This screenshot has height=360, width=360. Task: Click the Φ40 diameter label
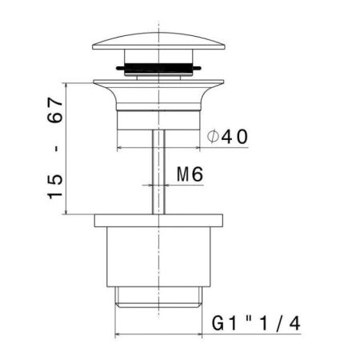pyautogui.click(x=227, y=137)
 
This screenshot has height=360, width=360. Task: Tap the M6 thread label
pyautogui.click(x=190, y=174)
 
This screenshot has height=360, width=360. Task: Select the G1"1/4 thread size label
pyautogui.click(x=256, y=323)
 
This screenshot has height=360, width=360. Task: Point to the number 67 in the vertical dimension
pyautogui.click(x=55, y=110)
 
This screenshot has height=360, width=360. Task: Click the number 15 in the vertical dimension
pyautogui.click(x=55, y=187)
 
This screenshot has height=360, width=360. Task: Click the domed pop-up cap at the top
pyautogui.click(x=158, y=41)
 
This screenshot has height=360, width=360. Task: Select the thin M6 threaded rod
pyautogui.click(x=158, y=172)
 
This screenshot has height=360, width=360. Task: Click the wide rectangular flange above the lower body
pyautogui.click(x=158, y=221)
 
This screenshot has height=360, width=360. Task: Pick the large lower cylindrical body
pyautogui.click(x=158, y=257)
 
